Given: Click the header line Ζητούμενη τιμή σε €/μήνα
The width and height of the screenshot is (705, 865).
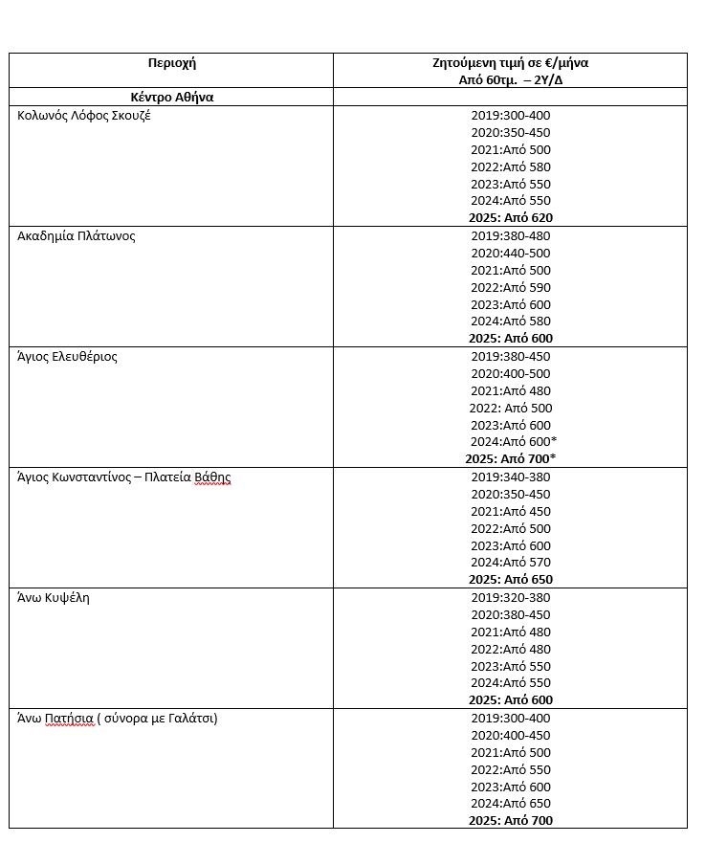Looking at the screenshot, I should [510, 63].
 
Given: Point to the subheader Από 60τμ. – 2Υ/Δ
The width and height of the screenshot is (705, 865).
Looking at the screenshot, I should [510, 80].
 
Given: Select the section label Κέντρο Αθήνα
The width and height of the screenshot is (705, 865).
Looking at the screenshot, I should [172, 98].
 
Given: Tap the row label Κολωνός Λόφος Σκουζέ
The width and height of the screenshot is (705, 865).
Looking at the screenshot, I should [84, 116].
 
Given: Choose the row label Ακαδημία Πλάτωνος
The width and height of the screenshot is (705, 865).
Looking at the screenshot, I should [77, 236].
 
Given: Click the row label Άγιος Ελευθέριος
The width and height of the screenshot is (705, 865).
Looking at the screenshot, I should [68, 357].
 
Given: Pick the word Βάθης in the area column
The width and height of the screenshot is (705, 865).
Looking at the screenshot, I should [212, 477].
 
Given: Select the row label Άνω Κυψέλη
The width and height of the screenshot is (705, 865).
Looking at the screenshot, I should [54, 598].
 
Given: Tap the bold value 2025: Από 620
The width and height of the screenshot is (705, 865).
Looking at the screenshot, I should [511, 218].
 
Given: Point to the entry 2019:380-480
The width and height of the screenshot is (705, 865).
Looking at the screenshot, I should [511, 236].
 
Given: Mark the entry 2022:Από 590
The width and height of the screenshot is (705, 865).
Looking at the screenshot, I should [511, 288].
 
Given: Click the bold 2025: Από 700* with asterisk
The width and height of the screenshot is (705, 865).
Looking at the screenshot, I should [511, 459].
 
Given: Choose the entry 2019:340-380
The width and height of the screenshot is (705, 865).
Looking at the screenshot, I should [511, 477].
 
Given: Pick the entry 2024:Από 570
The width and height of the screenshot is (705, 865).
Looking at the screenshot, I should [511, 563].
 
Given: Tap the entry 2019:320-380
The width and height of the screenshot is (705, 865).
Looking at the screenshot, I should [511, 598].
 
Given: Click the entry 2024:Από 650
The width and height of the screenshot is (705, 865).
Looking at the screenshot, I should [511, 804].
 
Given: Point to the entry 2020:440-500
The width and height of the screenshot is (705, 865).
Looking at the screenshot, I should [511, 254].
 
